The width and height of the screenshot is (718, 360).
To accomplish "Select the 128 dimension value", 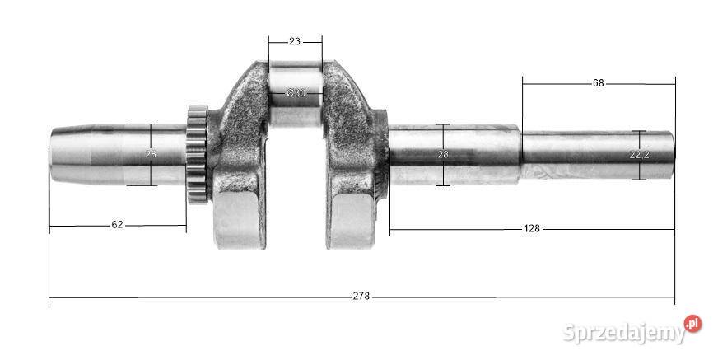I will coord(531,228).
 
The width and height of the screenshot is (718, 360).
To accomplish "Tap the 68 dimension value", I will coord(599,83).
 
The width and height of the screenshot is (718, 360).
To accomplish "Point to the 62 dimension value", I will coord(117,224).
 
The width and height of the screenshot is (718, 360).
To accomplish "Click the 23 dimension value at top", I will coord(295,40).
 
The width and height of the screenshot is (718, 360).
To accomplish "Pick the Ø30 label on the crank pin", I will coord(296,93).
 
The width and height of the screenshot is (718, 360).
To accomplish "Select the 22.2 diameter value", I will coord(639,154).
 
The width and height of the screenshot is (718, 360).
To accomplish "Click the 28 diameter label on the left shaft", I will coord(151,154).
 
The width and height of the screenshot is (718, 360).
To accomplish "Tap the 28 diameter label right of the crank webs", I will coord(443,154).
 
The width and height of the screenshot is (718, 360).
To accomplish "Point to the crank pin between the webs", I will coord(296,103).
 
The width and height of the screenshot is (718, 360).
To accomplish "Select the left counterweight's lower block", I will coord(240,218).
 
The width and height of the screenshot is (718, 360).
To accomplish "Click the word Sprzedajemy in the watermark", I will coord(624,333).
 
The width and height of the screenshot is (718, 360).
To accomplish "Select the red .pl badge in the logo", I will coord(692,324).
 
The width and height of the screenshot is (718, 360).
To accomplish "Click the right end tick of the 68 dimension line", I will coord(674,83).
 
